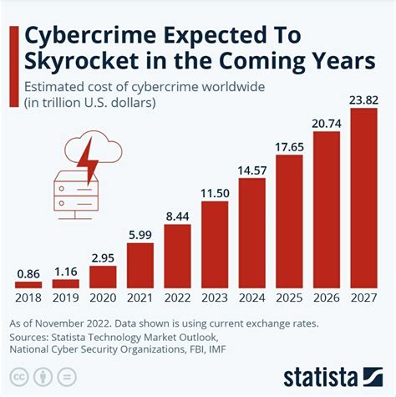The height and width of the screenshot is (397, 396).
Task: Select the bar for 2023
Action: click(x=215, y=243)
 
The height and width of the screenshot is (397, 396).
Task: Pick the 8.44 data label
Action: click(x=178, y=215)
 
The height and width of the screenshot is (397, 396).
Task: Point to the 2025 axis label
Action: click(x=289, y=298)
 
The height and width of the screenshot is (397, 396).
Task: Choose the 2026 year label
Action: click(x=327, y=298)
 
